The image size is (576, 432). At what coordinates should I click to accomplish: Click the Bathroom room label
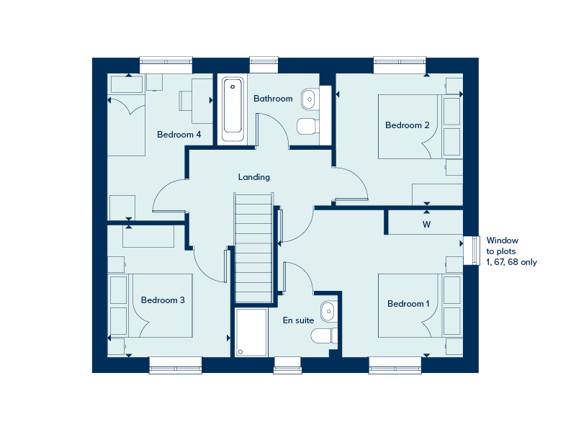point(273,99)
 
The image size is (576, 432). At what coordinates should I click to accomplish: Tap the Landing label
point(254,177)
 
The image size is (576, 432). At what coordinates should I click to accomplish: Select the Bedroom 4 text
point(179,135)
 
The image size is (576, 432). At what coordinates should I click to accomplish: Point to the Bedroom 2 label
point(407,125)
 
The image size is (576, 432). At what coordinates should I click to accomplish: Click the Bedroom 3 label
point(163,300)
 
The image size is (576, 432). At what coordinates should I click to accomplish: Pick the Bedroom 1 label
point(408,304)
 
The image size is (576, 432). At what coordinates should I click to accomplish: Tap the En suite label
point(298,320)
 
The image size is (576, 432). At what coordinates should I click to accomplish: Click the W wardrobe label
point(426,225)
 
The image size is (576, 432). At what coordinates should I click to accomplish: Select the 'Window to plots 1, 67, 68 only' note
point(512,251)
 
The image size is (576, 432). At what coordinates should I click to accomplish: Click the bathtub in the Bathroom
point(233,109)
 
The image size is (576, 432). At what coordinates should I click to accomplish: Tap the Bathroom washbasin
point(310,99)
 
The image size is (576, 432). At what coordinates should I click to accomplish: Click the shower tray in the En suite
point(251,333)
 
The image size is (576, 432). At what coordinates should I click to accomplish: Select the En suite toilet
point(324,336)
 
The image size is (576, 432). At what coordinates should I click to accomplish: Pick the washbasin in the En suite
point(328,312)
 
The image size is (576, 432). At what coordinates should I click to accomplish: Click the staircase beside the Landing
point(253,248)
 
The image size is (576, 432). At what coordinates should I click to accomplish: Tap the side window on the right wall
point(472,250)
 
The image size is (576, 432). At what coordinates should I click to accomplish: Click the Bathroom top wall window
point(264,65)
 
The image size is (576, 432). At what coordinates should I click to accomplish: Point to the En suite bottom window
point(287,365)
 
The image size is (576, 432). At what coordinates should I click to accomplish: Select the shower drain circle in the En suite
point(240,352)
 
